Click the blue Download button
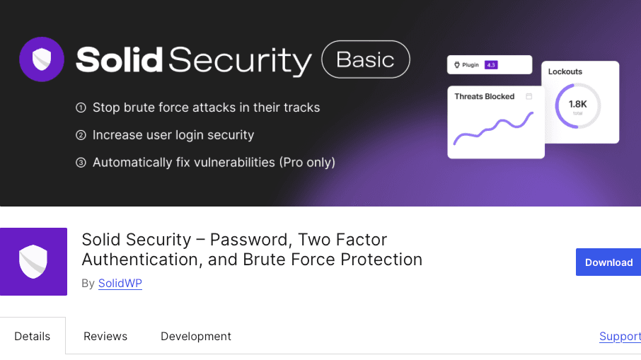[x=608, y=262]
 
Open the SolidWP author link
[x=120, y=283]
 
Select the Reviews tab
[x=105, y=336]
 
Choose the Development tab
[x=196, y=336]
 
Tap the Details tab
[x=33, y=336]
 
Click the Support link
[x=620, y=336]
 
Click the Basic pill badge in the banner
[x=366, y=59]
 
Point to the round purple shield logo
[x=42, y=59]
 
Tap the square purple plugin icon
[x=33, y=262]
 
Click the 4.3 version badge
[x=491, y=65]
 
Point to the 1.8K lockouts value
[x=577, y=104]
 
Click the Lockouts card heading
[x=565, y=71]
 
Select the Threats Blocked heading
[x=485, y=96]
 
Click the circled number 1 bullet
[x=81, y=108]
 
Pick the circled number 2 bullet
[x=81, y=135]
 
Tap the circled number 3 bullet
[x=81, y=163]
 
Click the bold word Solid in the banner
[x=120, y=59]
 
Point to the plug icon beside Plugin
[x=457, y=65]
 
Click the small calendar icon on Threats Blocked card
[x=529, y=96]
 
